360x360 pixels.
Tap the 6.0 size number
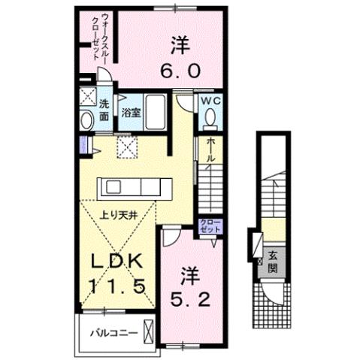[177, 71]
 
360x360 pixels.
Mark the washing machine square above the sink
[88, 97]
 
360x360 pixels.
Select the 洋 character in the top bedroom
[177, 45]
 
